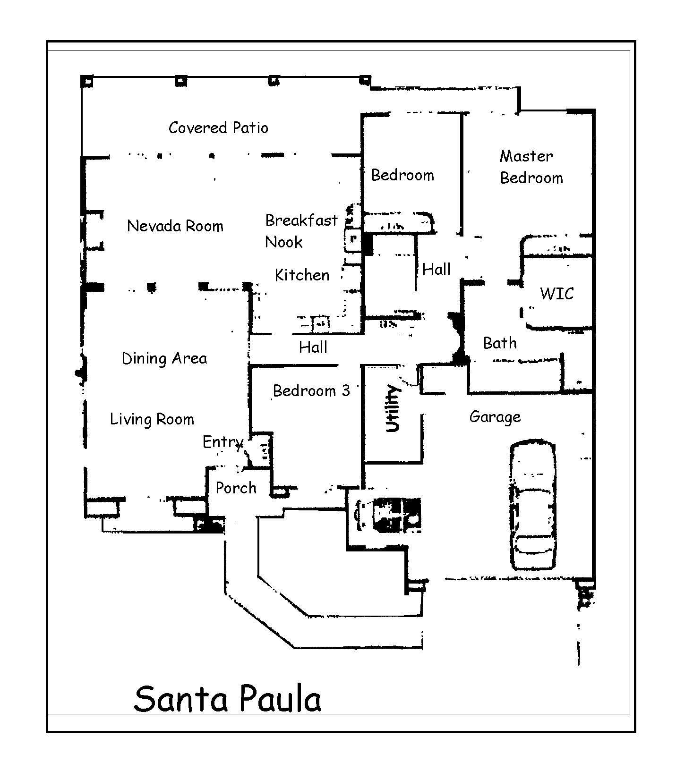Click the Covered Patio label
218,128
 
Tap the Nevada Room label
175,226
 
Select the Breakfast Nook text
301,231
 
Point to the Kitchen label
302,275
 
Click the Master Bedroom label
531,167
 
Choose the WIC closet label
556,294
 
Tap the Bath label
499,343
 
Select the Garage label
495,417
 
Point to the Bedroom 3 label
311,391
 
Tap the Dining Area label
164,359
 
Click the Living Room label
152,419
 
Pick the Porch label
236,488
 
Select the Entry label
222,442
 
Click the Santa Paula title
227,699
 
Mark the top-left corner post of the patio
87,81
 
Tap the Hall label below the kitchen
313,347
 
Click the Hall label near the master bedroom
436,270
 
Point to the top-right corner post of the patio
365,80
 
